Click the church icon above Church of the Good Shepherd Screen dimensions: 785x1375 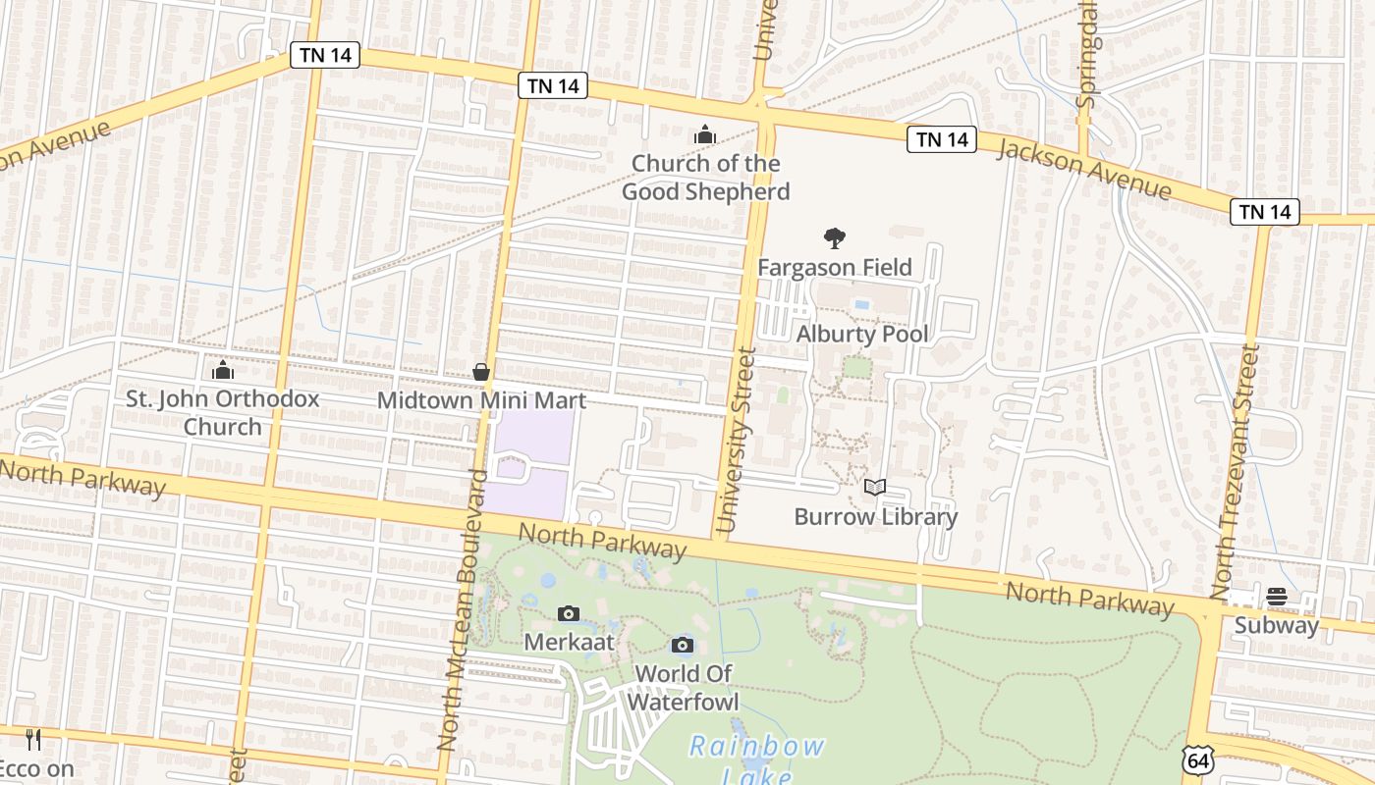tap(704, 134)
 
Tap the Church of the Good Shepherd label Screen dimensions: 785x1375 tap(705, 178)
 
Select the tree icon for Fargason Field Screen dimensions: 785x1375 tap(835, 237)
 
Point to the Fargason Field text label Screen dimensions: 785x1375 tap(835, 267)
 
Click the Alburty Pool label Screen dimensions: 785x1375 tap(861, 334)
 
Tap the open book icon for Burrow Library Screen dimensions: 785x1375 tap(875, 487)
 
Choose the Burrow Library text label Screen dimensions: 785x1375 tap(875, 516)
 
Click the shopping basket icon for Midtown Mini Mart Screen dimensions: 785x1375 tap(481, 371)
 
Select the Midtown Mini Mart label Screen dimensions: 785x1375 tap(481, 400)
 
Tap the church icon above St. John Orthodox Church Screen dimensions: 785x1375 tap(223, 370)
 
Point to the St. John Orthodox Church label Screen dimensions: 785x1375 tap(223, 412)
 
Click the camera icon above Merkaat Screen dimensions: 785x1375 tap(569, 613)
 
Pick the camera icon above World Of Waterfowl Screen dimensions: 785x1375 tap(683, 645)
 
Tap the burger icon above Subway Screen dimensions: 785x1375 tap(1277, 596)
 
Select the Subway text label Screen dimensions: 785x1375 tap(1277, 625)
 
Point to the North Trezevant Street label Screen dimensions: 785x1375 tap(1236, 471)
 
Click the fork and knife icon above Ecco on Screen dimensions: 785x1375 tap(33, 739)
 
